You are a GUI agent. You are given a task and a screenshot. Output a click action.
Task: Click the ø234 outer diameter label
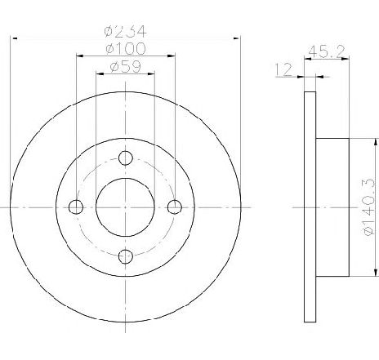tap(126, 31)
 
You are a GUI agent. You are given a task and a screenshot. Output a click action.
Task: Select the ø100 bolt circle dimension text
tap(126, 48)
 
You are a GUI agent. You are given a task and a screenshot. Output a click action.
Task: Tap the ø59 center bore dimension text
tap(126, 67)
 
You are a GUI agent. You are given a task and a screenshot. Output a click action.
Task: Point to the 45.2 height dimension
tap(327, 51)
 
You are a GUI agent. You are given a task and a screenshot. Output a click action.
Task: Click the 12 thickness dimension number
tap(283, 69)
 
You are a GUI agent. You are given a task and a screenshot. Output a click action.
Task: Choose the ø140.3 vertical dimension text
tap(369, 207)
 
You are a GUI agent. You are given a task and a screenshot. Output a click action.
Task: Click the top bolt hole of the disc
tap(126, 158)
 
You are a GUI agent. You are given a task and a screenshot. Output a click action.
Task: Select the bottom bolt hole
tap(126, 256)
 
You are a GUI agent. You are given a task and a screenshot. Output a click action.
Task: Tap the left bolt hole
tap(76, 207)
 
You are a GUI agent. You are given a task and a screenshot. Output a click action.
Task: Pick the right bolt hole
tap(175, 207)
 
